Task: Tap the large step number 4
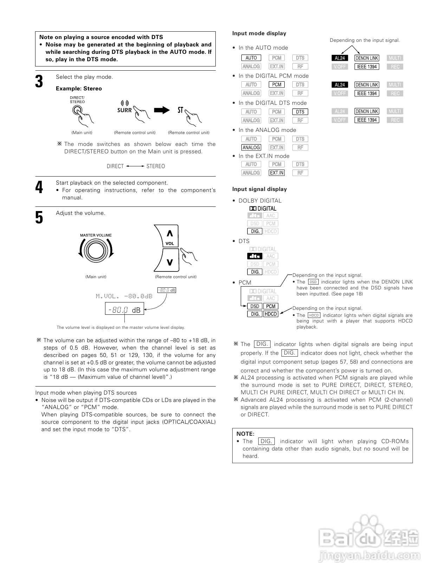[x=39, y=187]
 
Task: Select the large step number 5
[x=39, y=217]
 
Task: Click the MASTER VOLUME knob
[x=96, y=251]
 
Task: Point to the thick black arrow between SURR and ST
[x=162, y=110]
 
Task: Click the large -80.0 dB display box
[x=124, y=309]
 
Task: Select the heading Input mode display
[x=259, y=33]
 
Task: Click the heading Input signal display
[x=259, y=189]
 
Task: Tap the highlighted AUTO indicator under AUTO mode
[x=251, y=58]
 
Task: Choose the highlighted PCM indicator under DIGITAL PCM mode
[x=277, y=84]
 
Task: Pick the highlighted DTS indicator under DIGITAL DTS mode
[x=300, y=112]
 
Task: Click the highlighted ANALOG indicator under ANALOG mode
[x=251, y=147]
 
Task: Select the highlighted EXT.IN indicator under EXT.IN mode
[x=277, y=173]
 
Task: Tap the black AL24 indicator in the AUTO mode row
[x=340, y=58]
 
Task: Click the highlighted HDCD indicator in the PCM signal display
[x=271, y=314]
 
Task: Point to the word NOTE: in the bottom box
[x=245, y=434]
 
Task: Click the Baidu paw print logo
[x=365, y=528]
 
